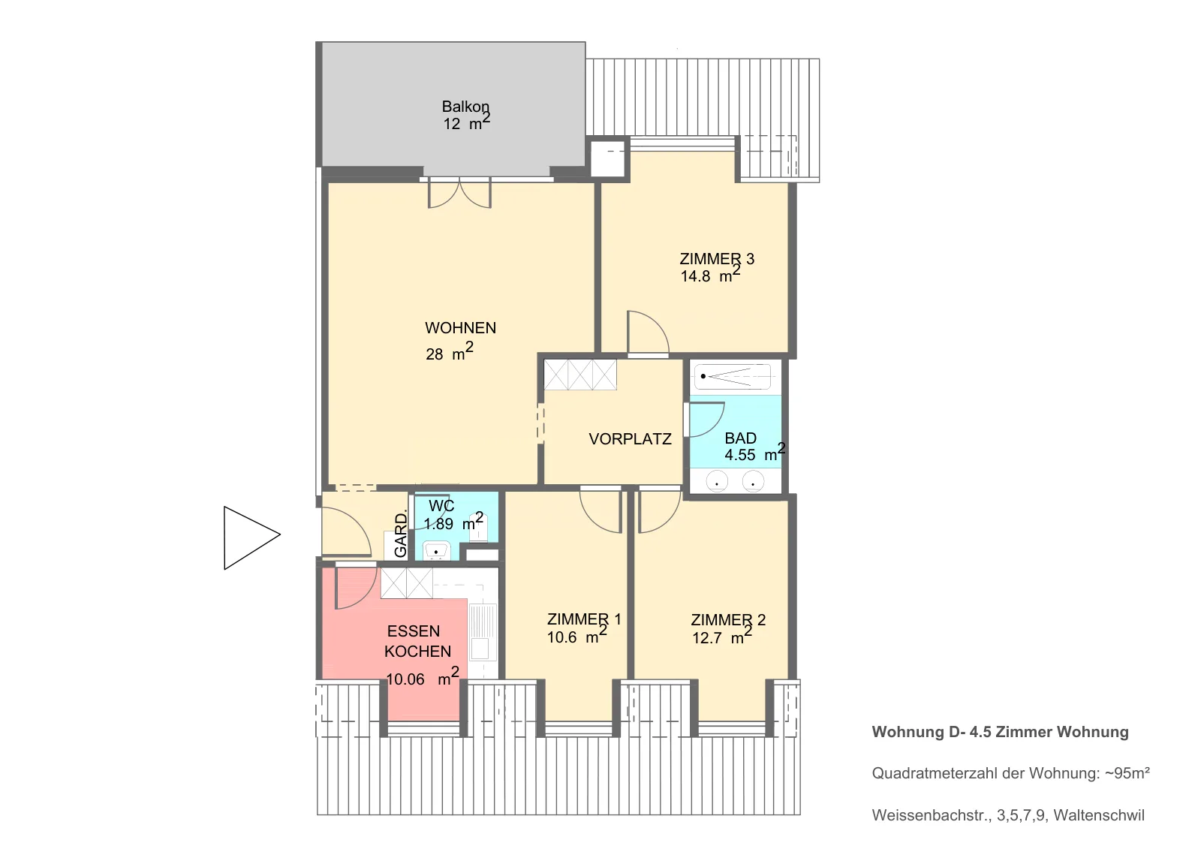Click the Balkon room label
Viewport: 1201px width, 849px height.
coord(465,107)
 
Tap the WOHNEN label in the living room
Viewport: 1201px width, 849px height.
coord(461,328)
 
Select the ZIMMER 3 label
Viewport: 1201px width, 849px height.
coord(717,259)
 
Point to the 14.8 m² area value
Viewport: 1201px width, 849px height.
coord(710,274)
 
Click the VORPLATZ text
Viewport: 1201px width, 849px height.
coord(630,439)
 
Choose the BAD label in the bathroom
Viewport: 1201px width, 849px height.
coord(740,438)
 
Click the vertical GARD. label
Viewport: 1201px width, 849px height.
coord(401,534)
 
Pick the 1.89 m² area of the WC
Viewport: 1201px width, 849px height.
coord(453,521)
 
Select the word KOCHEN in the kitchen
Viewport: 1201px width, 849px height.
coord(417,651)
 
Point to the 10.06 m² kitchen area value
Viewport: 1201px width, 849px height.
coord(423,677)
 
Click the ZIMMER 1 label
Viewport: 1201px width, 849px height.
coord(584,619)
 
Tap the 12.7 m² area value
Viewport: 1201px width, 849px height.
coord(722,636)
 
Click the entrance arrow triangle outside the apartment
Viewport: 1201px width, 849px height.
coord(251,537)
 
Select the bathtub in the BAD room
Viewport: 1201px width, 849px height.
coord(733,377)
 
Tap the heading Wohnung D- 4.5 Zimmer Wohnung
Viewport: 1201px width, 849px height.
coord(1000,732)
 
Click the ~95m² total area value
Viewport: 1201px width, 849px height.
coord(1127,773)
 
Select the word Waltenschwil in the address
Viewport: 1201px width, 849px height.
coord(1099,815)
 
